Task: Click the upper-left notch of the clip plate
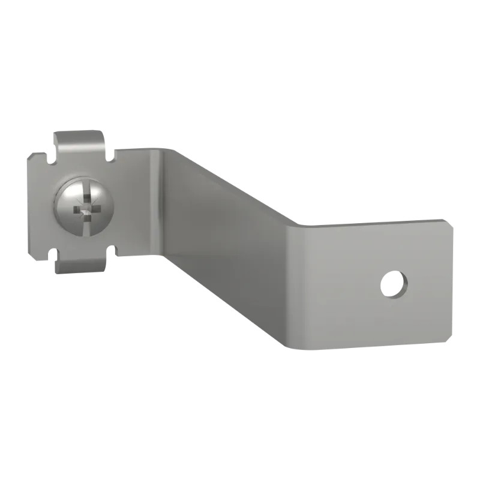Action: point(47,157)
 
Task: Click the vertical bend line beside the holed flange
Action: point(298,282)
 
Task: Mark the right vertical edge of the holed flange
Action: point(445,282)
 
